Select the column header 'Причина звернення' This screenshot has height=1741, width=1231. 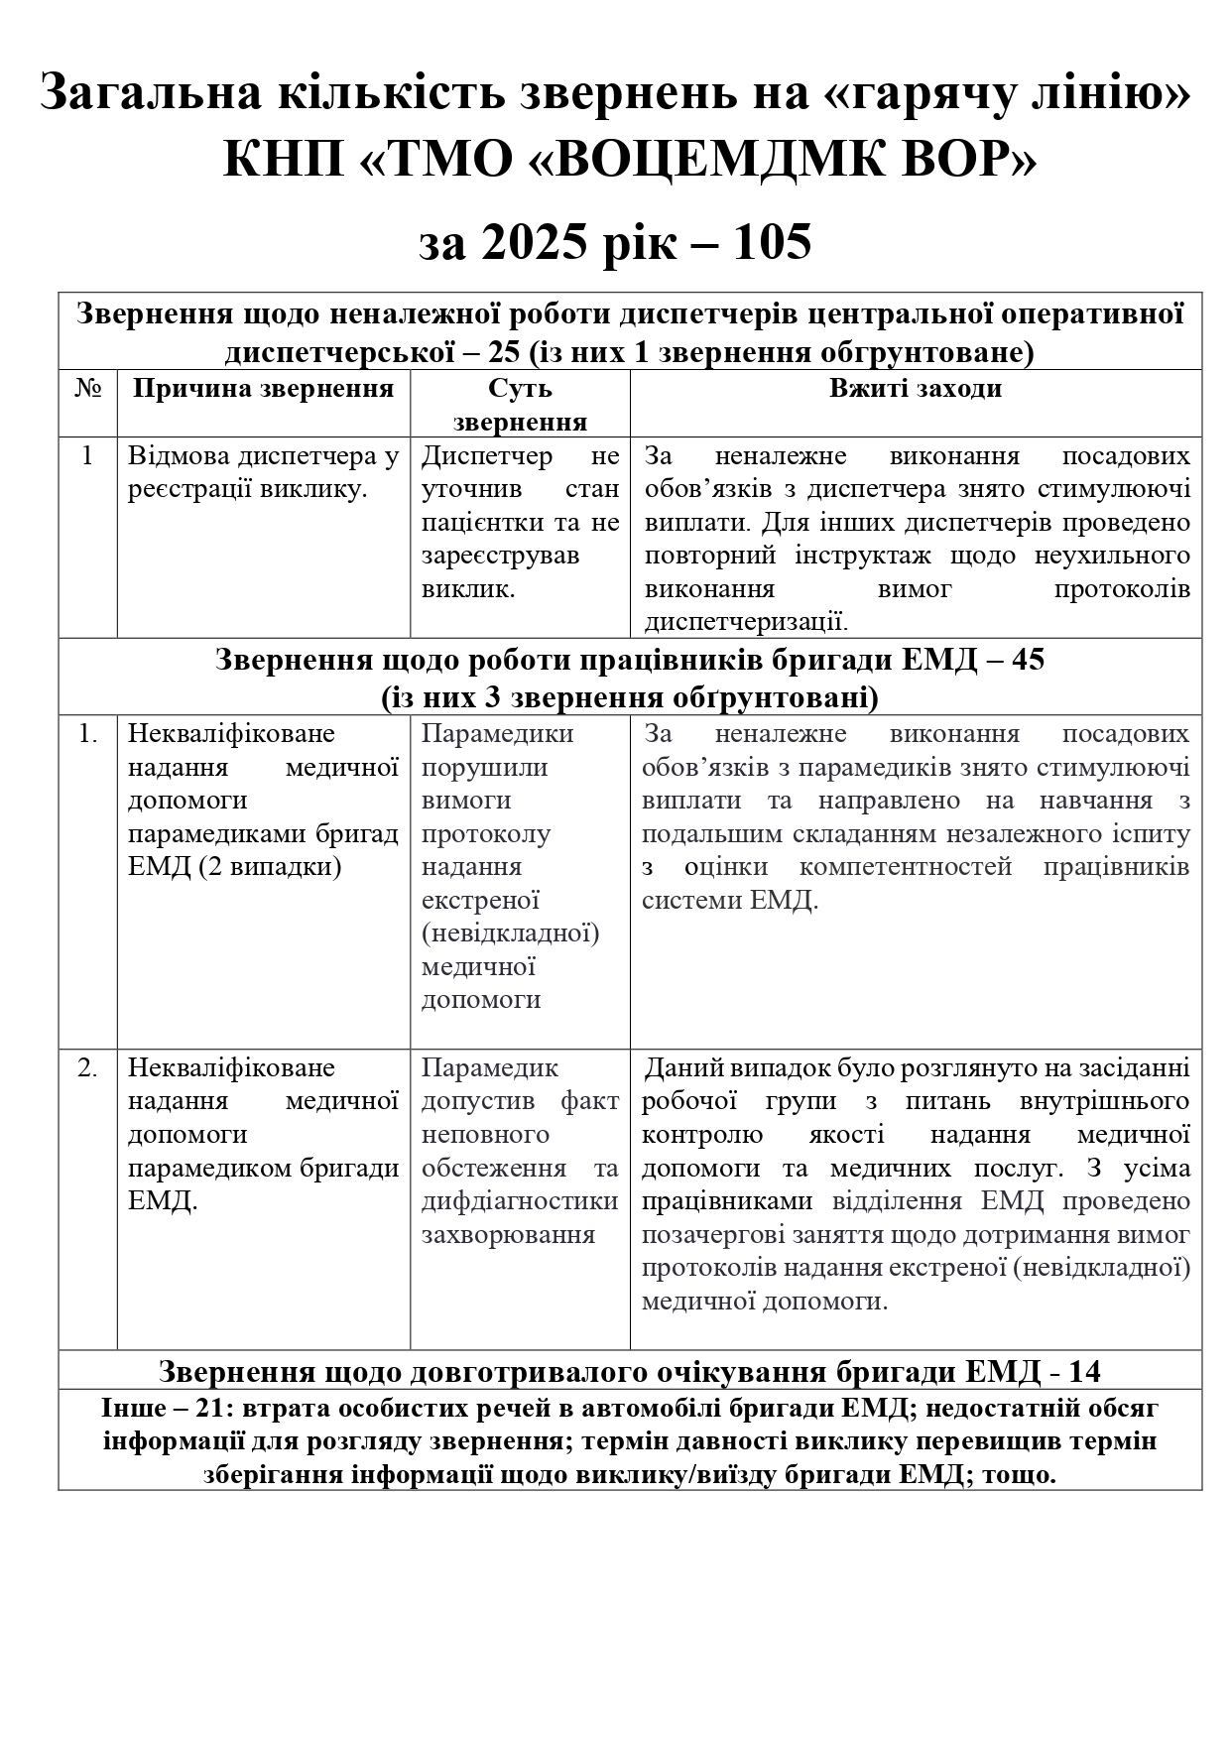click(x=263, y=389)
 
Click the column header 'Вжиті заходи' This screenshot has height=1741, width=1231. click(x=915, y=389)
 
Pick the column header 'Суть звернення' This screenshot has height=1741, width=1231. click(x=520, y=405)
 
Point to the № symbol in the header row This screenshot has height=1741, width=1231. click(x=87, y=389)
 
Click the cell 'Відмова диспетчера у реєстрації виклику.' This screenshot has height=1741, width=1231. click(x=263, y=473)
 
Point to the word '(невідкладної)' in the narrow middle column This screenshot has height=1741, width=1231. click(x=510, y=933)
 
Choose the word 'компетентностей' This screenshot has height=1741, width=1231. click(x=906, y=867)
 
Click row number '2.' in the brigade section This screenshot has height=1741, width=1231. click(x=87, y=1068)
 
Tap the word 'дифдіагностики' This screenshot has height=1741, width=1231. click(x=519, y=1201)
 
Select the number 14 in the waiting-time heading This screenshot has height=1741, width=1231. click(x=1084, y=1372)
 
